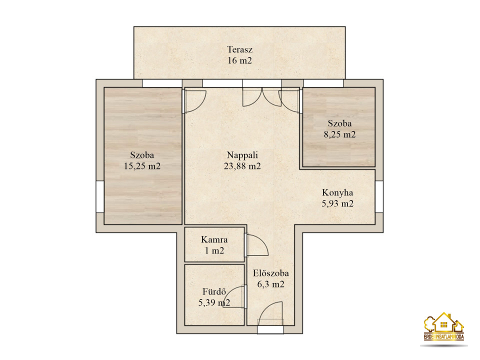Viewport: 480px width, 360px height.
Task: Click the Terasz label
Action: [239, 49]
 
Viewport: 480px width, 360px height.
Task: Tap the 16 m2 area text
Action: [239, 60]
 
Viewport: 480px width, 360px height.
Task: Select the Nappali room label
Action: [242, 155]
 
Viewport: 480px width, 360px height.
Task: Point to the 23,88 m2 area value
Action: [242, 166]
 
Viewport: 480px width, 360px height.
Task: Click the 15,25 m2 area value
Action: [142, 166]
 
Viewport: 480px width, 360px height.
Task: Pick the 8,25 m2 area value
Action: [340, 134]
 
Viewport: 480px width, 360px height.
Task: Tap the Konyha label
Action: [337, 192]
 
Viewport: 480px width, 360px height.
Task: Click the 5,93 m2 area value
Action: [337, 203]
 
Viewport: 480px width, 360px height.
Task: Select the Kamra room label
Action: [214, 239]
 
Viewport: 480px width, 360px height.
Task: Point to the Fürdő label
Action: [214, 291]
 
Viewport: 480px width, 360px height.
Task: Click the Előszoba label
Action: [271, 273]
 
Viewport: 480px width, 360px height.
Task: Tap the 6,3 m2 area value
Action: [271, 284]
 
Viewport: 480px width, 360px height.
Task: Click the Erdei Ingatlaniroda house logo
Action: [444, 326]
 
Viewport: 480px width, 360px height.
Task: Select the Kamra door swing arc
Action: [262, 241]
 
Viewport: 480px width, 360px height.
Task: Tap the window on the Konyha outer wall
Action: [379, 196]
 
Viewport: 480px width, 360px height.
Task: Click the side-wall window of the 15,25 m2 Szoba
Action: [100, 196]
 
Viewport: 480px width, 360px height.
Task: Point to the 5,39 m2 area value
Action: [214, 303]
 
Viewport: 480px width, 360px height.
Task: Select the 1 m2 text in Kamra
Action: [214, 250]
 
